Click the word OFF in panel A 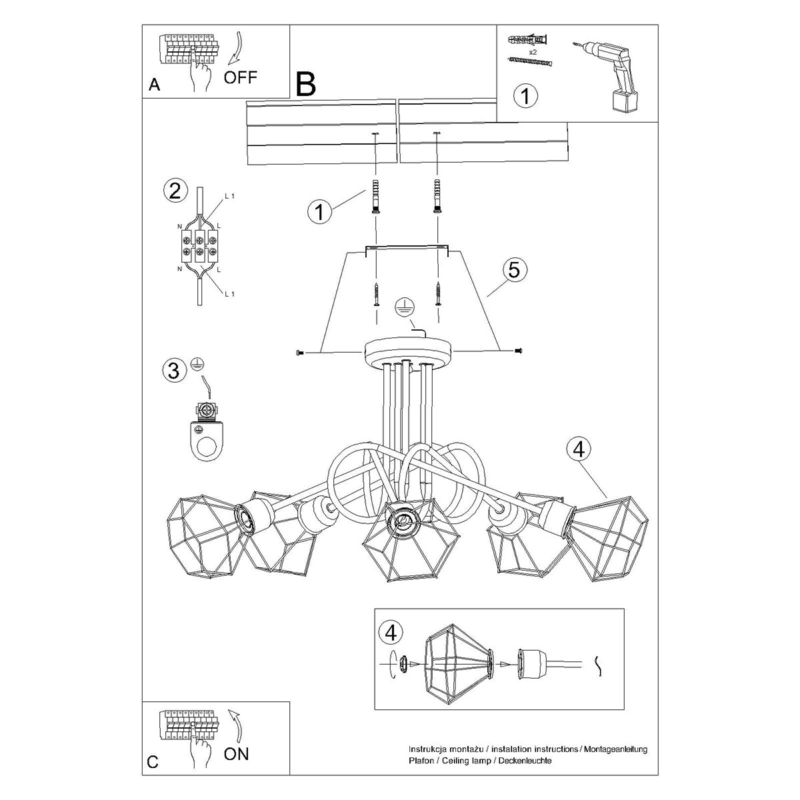coord(240,77)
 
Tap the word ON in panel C coord(236,754)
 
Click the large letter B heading coord(305,84)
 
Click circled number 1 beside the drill coord(526,96)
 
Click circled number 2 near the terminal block coord(174,192)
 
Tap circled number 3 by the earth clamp coord(174,369)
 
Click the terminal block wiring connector coord(198,245)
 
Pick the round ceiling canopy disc coord(409,350)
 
